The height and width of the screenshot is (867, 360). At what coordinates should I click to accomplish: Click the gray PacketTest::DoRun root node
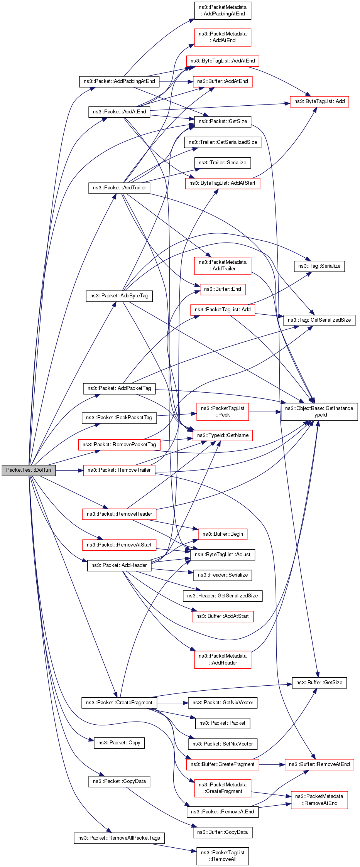tap(29, 470)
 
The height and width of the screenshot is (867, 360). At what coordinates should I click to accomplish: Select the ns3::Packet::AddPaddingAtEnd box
tap(119, 81)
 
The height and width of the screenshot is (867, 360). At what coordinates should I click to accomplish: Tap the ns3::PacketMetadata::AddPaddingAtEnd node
tap(223, 10)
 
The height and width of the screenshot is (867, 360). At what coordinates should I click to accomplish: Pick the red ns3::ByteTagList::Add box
tap(319, 101)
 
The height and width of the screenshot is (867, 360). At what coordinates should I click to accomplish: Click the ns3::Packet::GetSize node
tap(223, 121)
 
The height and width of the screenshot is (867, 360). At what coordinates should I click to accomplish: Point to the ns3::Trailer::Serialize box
tap(223, 163)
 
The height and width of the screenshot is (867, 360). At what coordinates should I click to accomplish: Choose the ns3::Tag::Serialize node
tap(319, 266)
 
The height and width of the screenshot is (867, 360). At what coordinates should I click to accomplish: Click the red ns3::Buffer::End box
tap(223, 289)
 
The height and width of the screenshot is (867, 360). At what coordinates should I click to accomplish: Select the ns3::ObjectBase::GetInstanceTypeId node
tap(319, 412)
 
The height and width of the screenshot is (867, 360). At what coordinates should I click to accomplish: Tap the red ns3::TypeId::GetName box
tap(223, 435)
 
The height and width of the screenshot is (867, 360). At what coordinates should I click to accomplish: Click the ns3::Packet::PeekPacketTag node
tap(119, 418)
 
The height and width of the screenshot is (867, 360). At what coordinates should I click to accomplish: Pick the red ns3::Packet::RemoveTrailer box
tap(119, 470)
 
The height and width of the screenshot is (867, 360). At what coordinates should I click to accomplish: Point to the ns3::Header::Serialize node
tap(223, 575)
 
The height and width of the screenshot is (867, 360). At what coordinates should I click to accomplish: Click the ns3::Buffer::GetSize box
tap(319, 683)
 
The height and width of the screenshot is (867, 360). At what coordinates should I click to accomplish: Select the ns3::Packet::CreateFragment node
tap(119, 703)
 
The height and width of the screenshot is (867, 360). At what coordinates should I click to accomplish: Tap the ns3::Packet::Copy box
tap(119, 743)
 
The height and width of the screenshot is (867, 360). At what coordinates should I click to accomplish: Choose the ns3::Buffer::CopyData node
tap(223, 832)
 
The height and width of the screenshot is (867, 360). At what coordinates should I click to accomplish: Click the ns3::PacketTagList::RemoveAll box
tap(223, 856)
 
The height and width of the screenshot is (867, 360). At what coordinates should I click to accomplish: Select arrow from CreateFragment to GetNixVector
tap(172, 703)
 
